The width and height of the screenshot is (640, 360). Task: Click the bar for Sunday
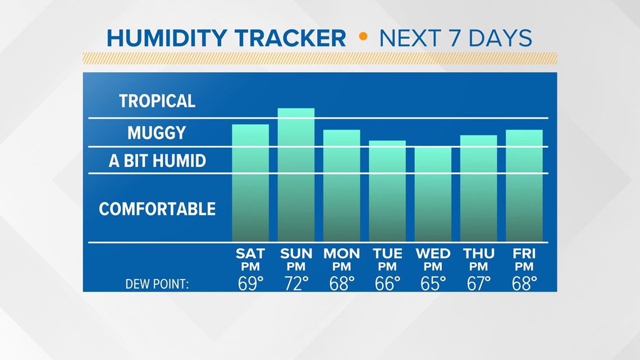[296, 175]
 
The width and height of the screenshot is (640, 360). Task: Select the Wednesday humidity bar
[433, 194]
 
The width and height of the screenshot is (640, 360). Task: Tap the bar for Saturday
[250, 183]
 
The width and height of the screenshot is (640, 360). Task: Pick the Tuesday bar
[387, 191]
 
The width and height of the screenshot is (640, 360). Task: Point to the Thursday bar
[478, 188]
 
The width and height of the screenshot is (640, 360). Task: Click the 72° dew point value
[296, 284]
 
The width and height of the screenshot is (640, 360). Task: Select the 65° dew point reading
[433, 284]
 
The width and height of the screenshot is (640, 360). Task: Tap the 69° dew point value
[250, 284]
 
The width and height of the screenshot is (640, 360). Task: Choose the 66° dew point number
[387, 284]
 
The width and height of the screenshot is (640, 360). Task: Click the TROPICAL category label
[157, 101]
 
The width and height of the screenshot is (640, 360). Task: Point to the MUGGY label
[157, 133]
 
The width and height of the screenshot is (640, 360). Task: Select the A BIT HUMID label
[157, 161]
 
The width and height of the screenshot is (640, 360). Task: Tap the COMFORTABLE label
[157, 209]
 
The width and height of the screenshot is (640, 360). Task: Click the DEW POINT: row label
[157, 284]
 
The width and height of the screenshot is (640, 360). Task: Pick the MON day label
[342, 254]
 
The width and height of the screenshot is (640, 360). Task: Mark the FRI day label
[524, 254]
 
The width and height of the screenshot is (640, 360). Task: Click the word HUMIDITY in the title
[167, 38]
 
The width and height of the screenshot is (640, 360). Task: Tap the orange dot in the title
[363, 37]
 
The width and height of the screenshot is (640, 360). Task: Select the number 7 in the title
[455, 38]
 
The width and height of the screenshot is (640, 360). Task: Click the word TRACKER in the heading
[290, 38]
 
